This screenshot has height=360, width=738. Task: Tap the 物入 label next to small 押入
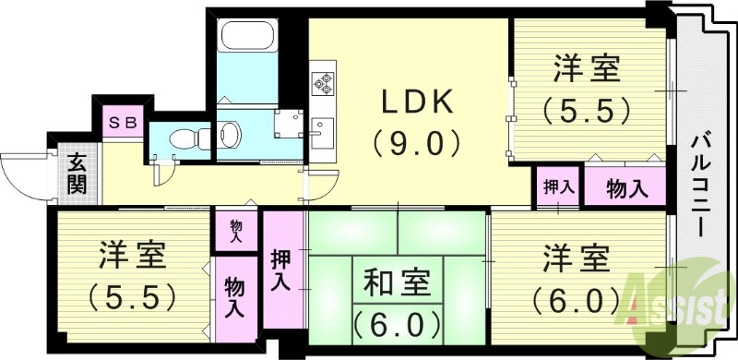625,187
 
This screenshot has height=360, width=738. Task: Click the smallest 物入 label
236,231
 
